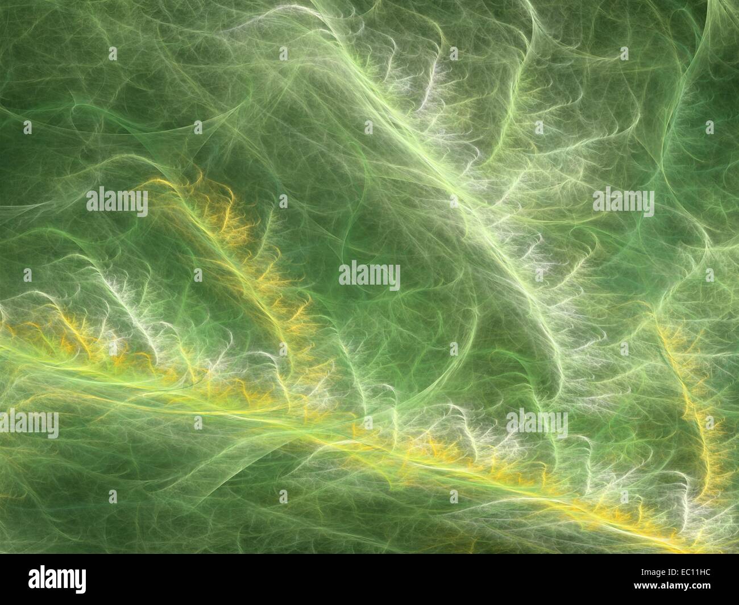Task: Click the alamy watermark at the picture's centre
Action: (x=369, y=276)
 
